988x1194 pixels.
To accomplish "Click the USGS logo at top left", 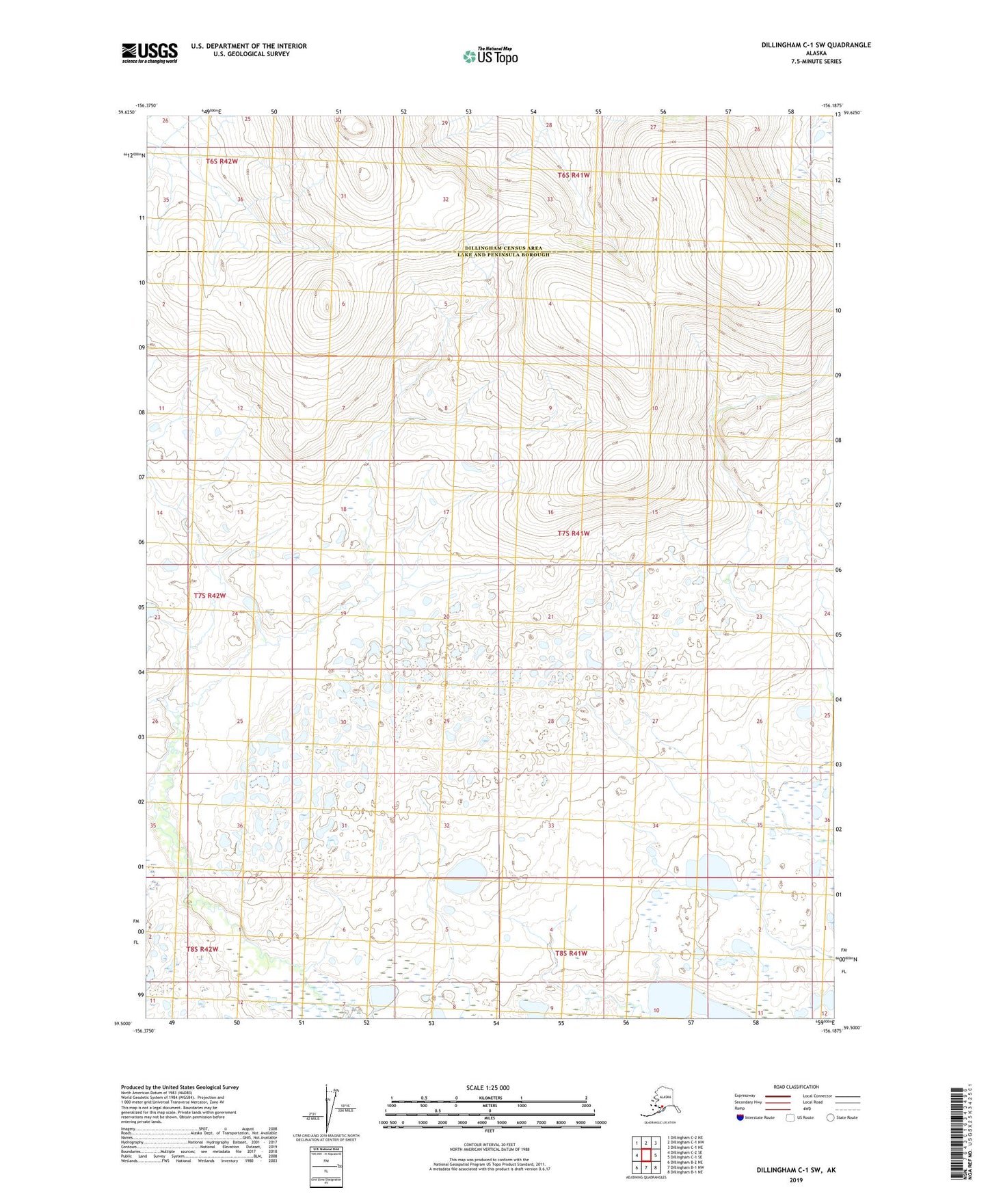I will pyautogui.click(x=150, y=53).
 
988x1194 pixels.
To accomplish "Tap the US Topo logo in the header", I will pyautogui.click(x=490, y=56).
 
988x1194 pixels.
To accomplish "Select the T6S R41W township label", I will pyautogui.click(x=573, y=175).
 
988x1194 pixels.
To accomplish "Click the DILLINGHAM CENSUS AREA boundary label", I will pyautogui.click(x=503, y=248).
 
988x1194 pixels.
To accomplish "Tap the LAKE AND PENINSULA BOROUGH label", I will pyautogui.click(x=503, y=255).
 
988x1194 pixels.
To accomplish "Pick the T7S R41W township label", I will pyautogui.click(x=573, y=533).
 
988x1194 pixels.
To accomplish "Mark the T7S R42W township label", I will pyautogui.click(x=209, y=596).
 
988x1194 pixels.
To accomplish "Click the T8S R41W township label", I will pyautogui.click(x=571, y=953).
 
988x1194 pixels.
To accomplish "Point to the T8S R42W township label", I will pyautogui.click(x=202, y=949).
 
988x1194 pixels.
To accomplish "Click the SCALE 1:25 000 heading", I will pyautogui.click(x=488, y=1087).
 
